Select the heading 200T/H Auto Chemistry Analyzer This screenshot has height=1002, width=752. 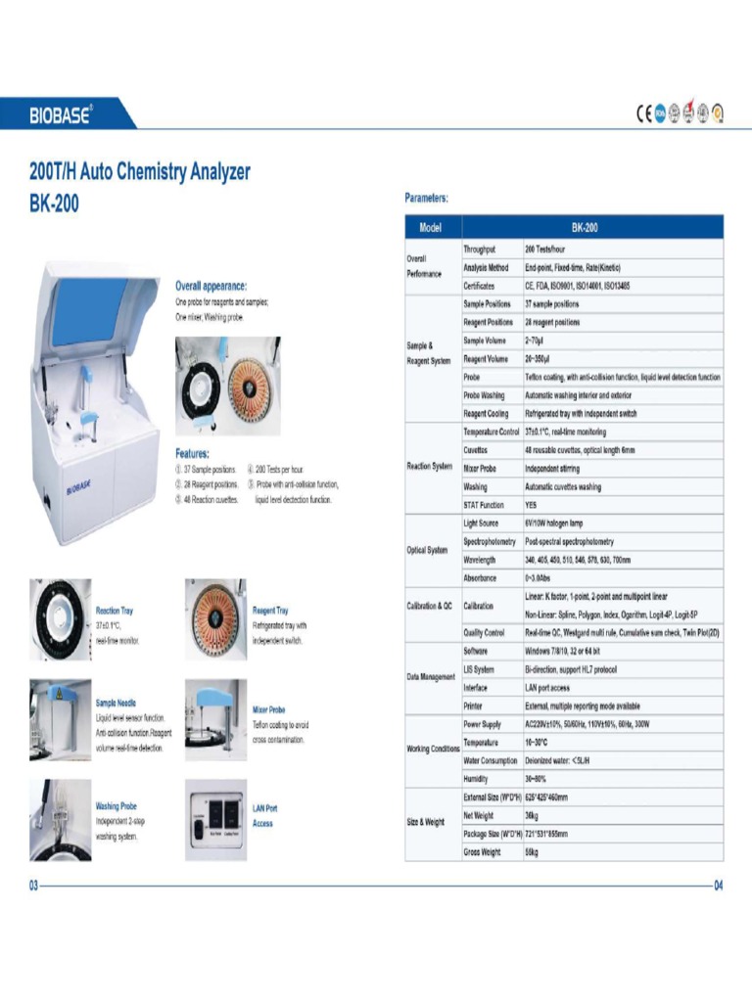(x=139, y=173)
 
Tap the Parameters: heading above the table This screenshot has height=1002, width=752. (x=427, y=198)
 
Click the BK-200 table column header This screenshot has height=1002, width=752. (x=585, y=228)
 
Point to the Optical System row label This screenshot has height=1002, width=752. (x=429, y=550)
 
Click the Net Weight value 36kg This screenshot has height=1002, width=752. (x=533, y=815)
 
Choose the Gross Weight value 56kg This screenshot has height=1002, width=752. (x=533, y=852)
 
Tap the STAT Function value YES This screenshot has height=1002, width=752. (x=531, y=505)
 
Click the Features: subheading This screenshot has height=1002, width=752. (x=196, y=453)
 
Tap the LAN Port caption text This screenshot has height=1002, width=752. (x=265, y=808)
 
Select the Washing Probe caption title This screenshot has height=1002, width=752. (x=116, y=806)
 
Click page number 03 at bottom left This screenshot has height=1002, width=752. (x=32, y=886)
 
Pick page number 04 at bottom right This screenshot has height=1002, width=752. (x=718, y=887)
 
